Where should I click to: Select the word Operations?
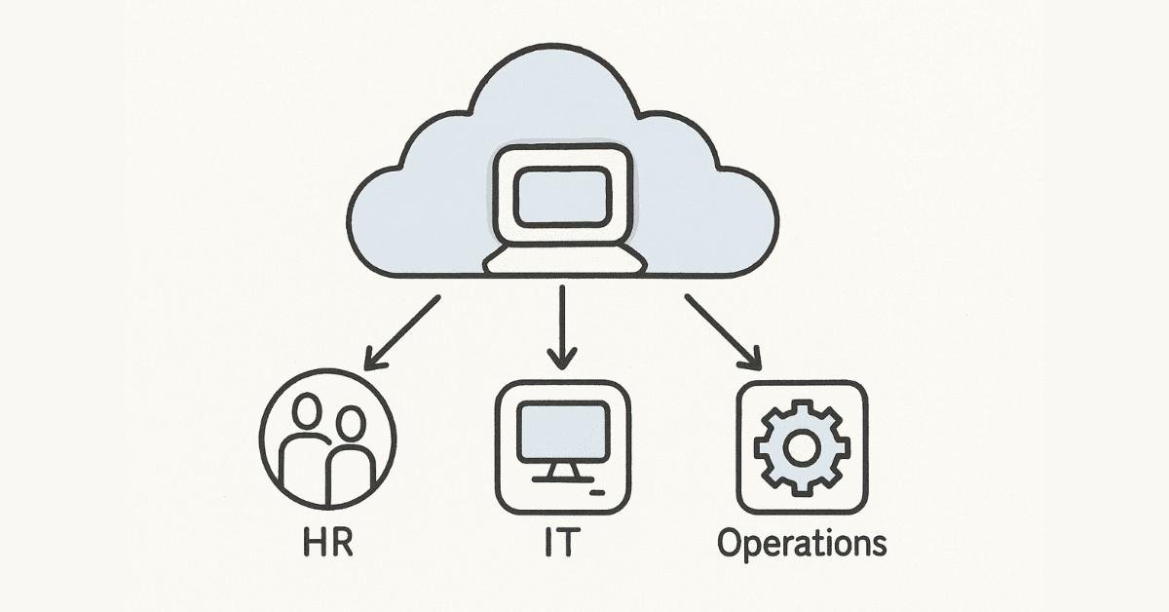pos(802,544)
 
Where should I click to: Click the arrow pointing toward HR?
pos(401,332)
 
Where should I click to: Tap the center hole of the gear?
pos(802,447)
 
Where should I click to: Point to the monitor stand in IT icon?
pos(563,470)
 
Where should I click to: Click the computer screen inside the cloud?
pos(563,195)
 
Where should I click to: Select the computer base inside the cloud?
pos(564,259)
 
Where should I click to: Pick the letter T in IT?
pos(571,543)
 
